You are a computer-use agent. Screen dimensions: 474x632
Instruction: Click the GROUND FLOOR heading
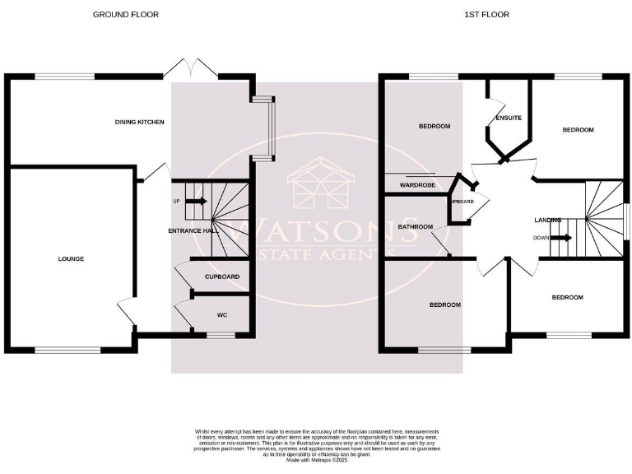click(x=126, y=15)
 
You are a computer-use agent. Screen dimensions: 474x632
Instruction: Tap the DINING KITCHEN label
click(x=140, y=122)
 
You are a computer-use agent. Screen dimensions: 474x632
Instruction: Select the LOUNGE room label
click(x=71, y=258)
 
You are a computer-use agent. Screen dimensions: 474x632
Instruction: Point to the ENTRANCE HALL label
click(x=193, y=231)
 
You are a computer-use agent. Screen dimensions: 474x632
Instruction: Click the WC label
click(x=222, y=315)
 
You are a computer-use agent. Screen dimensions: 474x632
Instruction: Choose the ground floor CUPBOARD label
click(x=222, y=276)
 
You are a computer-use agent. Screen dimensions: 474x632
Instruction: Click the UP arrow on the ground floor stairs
click(x=196, y=201)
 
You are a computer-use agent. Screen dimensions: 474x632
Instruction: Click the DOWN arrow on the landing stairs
click(x=560, y=238)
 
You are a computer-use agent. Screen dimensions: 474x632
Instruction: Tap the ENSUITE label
click(x=508, y=118)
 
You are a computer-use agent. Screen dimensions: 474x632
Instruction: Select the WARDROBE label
click(x=417, y=186)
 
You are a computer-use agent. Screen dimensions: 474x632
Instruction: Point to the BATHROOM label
click(x=416, y=226)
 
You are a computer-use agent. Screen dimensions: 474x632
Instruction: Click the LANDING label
click(x=548, y=220)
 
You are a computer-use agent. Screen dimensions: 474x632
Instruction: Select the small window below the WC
click(x=219, y=335)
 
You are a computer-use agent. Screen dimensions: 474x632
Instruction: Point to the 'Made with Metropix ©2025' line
click(x=317, y=461)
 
